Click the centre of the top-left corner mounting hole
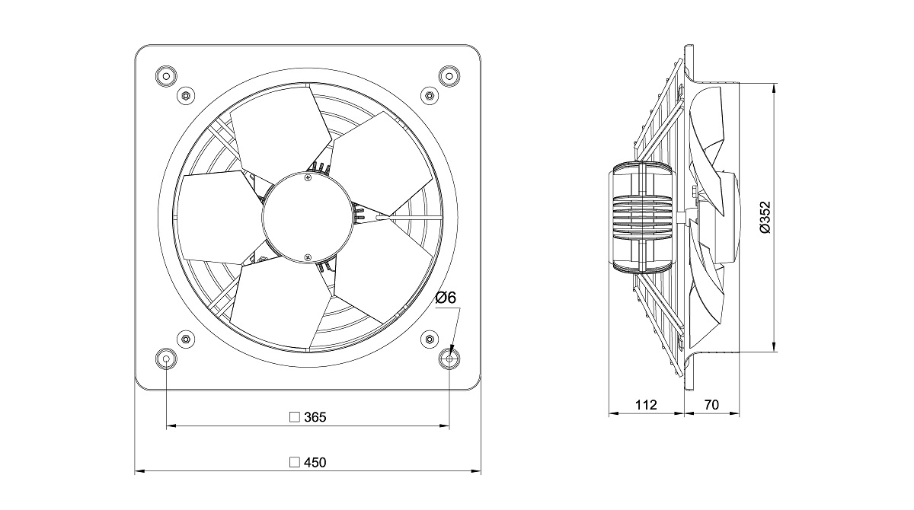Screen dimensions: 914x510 (x=167, y=76)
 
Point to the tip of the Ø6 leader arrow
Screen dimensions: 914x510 (x=450, y=355)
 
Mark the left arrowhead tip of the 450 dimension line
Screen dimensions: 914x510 (x=135, y=471)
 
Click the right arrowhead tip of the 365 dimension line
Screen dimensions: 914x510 (x=449, y=426)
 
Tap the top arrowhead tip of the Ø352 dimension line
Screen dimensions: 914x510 (x=774, y=84)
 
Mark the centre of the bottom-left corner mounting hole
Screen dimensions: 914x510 (x=167, y=359)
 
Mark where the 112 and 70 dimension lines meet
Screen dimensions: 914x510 (x=684, y=414)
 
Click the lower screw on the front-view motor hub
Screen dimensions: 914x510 (x=308, y=257)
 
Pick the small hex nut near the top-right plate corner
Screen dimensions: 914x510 (x=430, y=96)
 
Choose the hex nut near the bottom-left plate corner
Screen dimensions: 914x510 (x=185, y=339)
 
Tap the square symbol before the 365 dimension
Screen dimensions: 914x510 (x=294, y=417)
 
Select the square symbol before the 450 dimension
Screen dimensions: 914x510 (x=294, y=462)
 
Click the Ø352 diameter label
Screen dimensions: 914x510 (x=765, y=217)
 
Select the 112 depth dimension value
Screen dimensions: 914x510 (x=646, y=405)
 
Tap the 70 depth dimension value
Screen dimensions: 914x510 (x=711, y=405)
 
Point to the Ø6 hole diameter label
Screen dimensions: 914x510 (x=446, y=298)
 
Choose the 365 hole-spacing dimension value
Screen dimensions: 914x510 (x=315, y=417)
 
